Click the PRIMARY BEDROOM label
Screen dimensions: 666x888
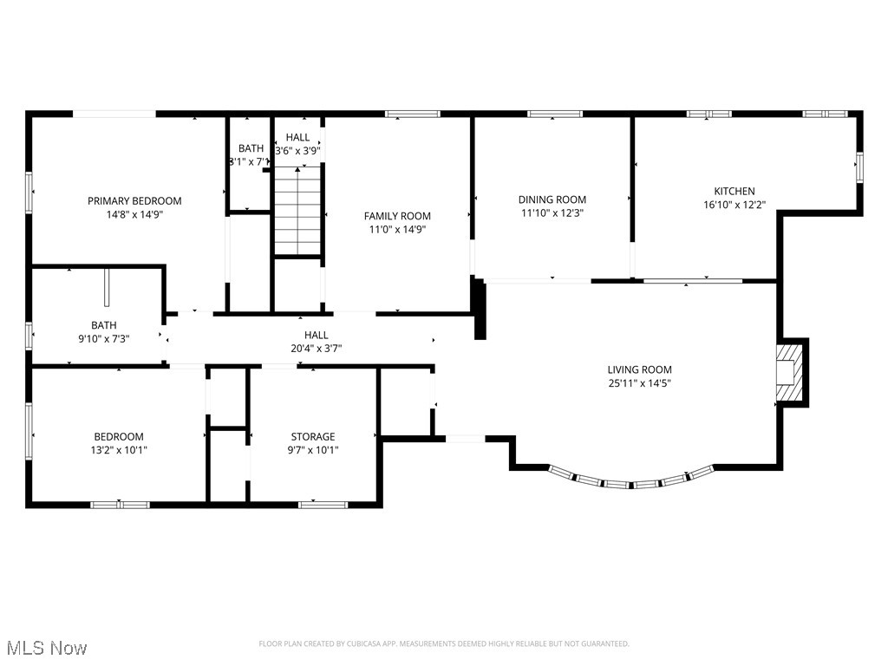click(134, 201)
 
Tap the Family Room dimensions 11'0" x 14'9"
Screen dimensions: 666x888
click(397, 230)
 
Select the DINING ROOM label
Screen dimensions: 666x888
click(552, 199)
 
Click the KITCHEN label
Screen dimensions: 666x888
click(734, 192)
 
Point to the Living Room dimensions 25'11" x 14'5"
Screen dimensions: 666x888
click(639, 382)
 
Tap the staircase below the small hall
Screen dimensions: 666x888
click(298, 212)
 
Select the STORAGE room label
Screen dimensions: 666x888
click(312, 437)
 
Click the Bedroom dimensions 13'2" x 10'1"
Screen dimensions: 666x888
click(119, 450)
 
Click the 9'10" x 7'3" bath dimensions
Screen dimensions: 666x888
click(103, 339)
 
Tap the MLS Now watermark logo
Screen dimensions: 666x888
click(45, 648)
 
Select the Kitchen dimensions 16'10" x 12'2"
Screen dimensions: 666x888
click(734, 206)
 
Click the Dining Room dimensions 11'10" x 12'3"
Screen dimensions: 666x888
click(552, 212)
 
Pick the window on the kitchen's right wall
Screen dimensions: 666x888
click(859, 166)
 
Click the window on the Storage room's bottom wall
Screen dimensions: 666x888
click(323, 504)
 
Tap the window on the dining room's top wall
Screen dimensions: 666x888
click(554, 114)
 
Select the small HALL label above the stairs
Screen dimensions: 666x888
click(297, 137)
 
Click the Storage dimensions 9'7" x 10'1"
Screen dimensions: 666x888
click(312, 450)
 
